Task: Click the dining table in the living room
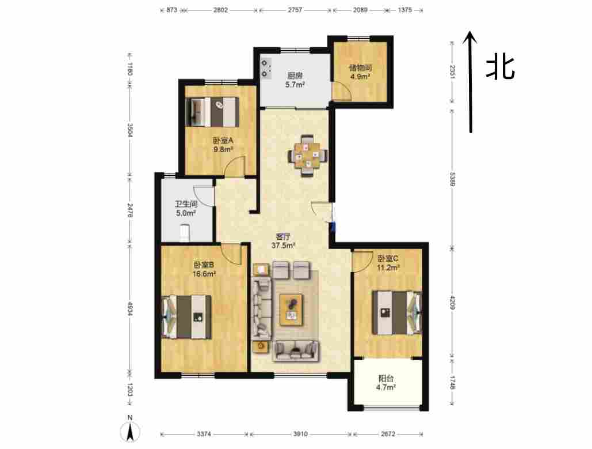click(x=308, y=156)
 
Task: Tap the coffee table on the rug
click(x=291, y=310)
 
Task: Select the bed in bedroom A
click(x=212, y=112)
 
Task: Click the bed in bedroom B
click(x=186, y=316)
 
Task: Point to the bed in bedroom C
click(x=397, y=312)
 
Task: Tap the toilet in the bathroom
click(x=184, y=233)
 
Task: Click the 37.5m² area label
click(x=283, y=246)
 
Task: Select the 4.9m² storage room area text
click(x=360, y=77)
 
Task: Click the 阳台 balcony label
click(x=386, y=378)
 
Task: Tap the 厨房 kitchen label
click(x=295, y=76)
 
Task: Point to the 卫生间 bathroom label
click(x=186, y=204)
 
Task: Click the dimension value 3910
click(x=300, y=434)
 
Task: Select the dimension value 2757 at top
click(x=295, y=10)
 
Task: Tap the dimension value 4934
click(x=129, y=309)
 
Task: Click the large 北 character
click(x=501, y=68)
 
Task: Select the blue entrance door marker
click(x=333, y=227)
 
